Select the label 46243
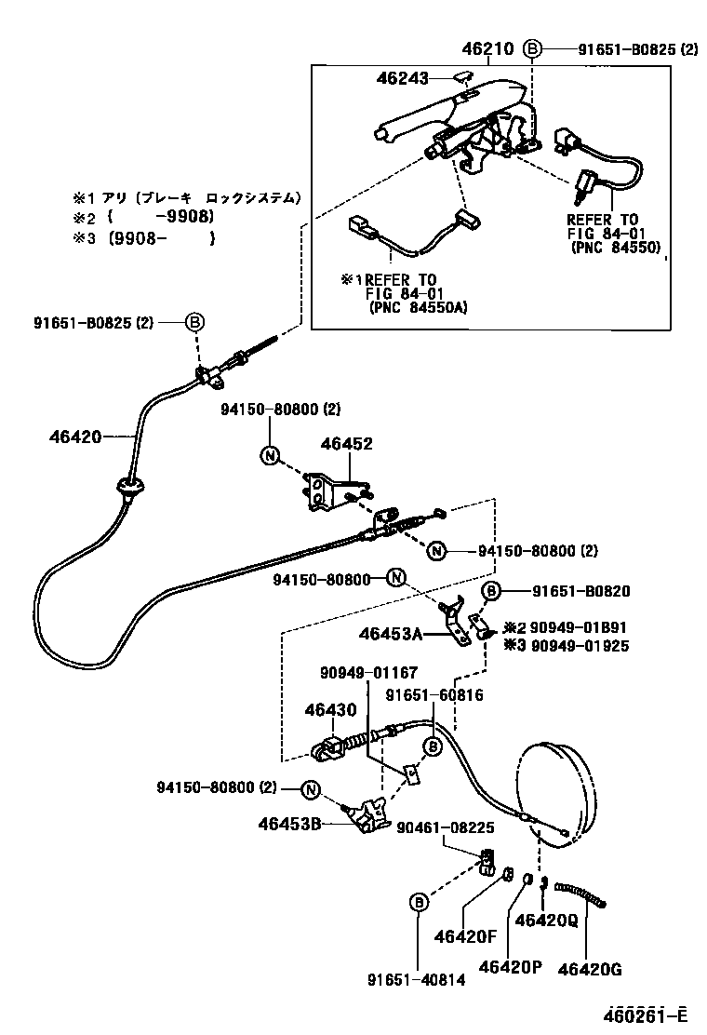pos(402,80)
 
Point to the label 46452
pos(347,444)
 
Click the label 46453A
pos(391,635)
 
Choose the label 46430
pos(330,709)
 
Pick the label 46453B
pos(289,823)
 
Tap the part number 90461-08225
pos(446,827)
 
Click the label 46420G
pos(590,969)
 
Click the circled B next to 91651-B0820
pos(491,591)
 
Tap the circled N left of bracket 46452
pos(269,455)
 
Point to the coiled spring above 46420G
pos(581,896)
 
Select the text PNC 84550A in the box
pos(413,306)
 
